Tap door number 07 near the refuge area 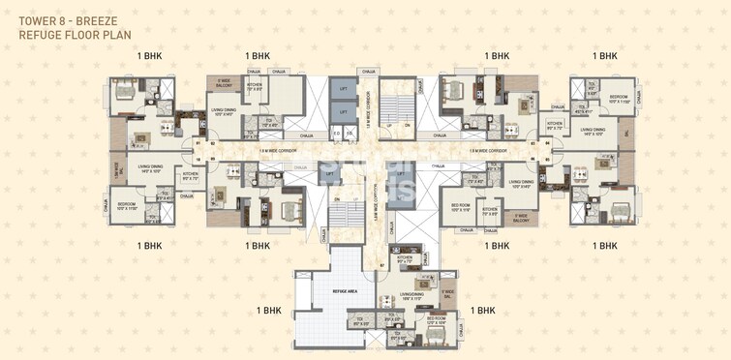pos(381,264)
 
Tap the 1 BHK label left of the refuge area pos(269,311)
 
